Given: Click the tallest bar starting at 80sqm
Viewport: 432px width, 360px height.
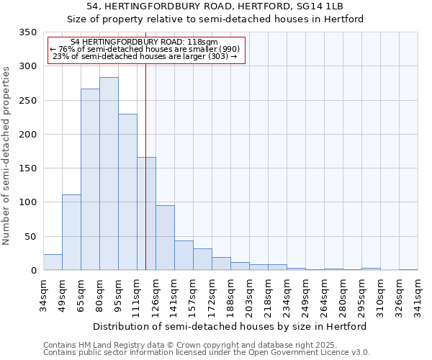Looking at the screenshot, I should pos(109,174).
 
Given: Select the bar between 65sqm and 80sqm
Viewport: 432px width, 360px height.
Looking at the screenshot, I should pos(90,179).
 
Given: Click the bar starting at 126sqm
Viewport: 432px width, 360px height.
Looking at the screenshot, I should pos(165,238).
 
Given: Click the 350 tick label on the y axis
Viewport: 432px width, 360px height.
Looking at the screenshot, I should pos(27,32).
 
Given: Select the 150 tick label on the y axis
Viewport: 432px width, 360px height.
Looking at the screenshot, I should pos(27,168).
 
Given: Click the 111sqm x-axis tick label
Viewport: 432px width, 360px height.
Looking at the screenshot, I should pos(138,295).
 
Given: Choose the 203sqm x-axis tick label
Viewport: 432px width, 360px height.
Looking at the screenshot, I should pos(250,295).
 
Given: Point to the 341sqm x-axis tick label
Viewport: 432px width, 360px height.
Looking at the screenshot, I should pos(418,295).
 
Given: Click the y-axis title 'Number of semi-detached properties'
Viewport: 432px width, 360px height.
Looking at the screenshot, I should pos(6,155).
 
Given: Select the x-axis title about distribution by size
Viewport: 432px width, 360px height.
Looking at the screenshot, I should pos(230,326).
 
